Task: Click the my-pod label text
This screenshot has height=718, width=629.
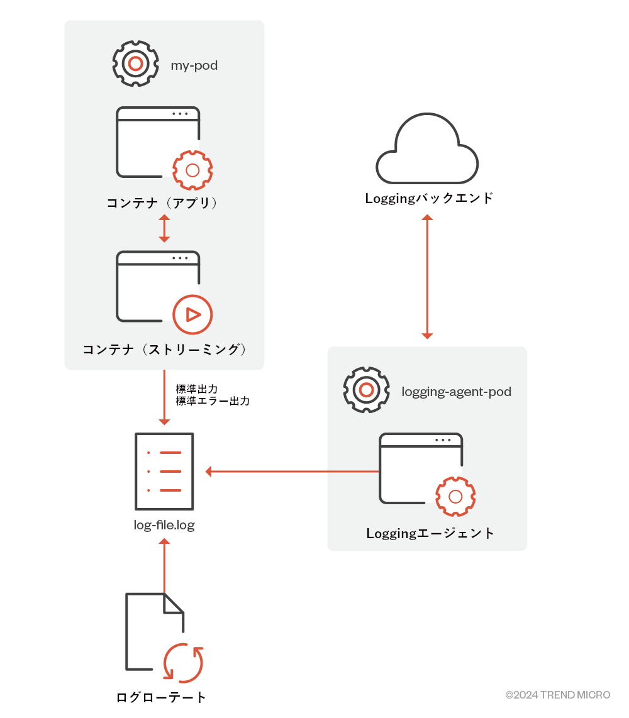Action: (x=194, y=65)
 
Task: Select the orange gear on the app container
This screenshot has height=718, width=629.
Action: (x=192, y=170)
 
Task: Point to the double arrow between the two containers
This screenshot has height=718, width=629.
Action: (x=164, y=228)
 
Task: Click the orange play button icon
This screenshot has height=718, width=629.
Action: (x=192, y=314)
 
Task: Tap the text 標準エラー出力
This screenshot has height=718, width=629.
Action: (x=213, y=400)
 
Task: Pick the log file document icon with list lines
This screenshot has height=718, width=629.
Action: (x=164, y=471)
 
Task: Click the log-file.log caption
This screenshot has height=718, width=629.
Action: (x=164, y=525)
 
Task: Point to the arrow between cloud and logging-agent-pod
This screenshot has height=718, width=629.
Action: (x=427, y=277)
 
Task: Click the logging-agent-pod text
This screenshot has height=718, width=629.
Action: (x=456, y=392)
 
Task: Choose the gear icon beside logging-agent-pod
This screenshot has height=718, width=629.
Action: (x=365, y=390)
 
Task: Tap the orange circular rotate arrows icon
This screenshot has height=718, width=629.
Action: (x=183, y=663)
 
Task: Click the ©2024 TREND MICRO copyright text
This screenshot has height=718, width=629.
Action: (x=557, y=695)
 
